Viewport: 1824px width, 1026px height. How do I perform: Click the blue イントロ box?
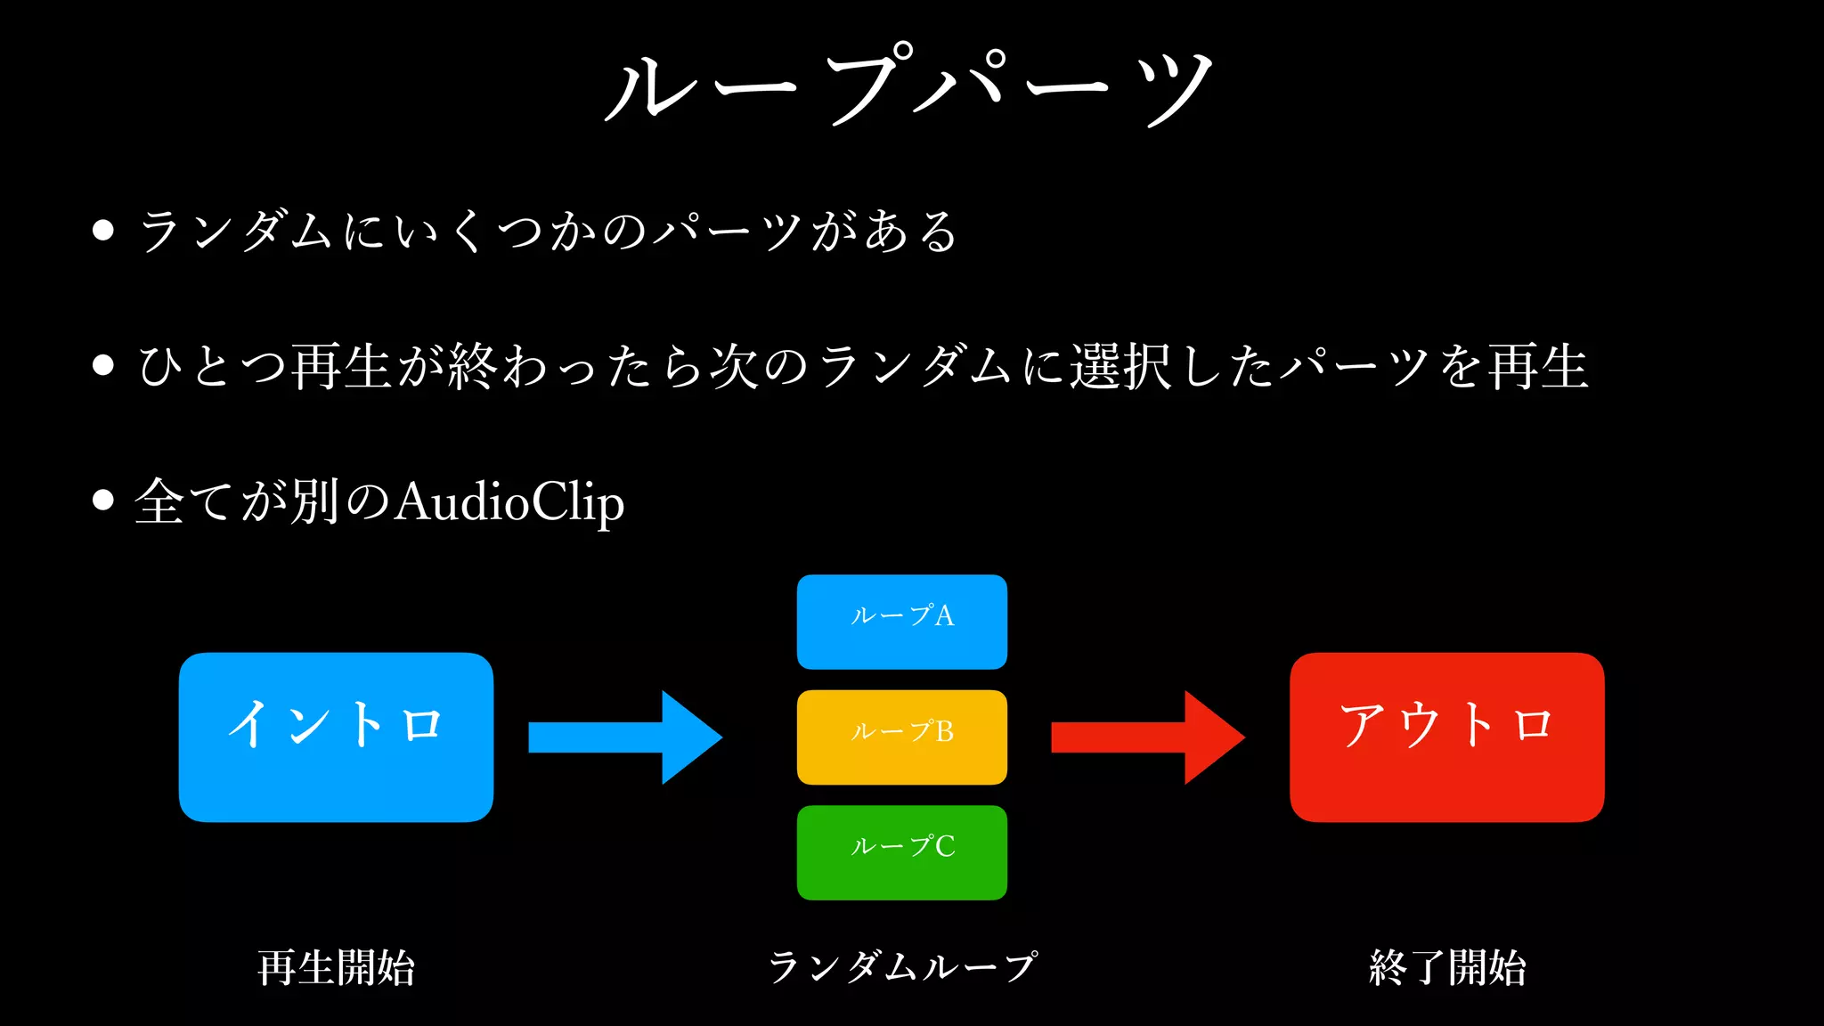[x=336, y=737]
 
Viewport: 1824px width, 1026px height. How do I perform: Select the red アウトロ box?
[x=1446, y=737]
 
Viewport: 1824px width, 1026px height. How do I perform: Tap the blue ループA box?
[x=901, y=622]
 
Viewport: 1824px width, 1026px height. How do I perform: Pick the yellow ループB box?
[x=901, y=737]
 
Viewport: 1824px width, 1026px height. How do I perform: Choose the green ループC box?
[x=901, y=852]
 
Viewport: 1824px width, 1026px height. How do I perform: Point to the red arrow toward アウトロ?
[x=1147, y=737]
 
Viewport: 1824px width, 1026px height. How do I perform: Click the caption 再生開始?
[x=336, y=967]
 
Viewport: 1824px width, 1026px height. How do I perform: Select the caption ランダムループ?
[x=901, y=967]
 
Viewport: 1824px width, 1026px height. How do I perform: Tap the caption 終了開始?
[x=1446, y=967]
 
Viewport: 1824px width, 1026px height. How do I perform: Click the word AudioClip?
[x=509, y=502]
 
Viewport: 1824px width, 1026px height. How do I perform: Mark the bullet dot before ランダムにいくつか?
[x=103, y=231]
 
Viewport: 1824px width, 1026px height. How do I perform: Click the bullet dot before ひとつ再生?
[x=103, y=365]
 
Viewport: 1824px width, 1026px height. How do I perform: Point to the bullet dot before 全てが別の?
[x=103, y=500]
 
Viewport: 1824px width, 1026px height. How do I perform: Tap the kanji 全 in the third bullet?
[x=161, y=501]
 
